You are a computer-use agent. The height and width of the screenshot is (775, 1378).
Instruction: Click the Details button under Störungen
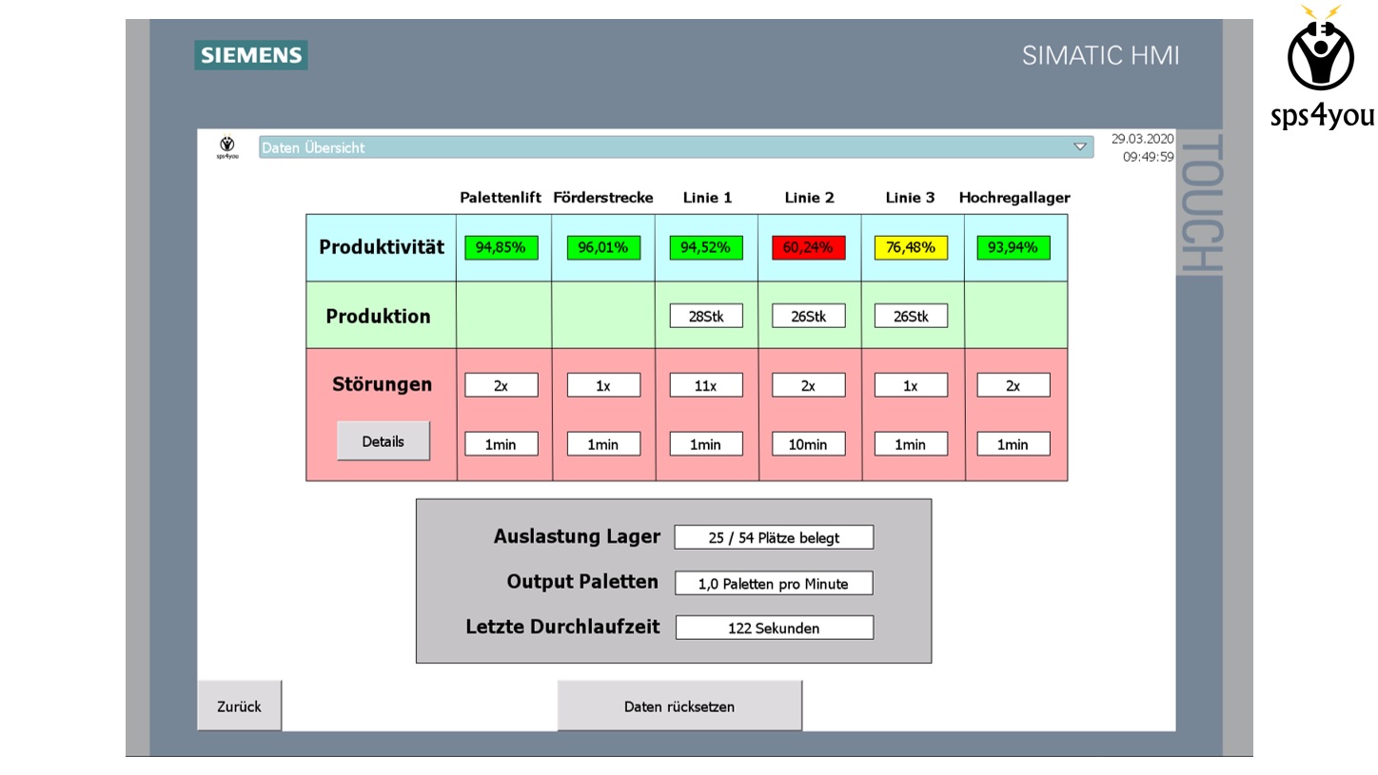pos(384,440)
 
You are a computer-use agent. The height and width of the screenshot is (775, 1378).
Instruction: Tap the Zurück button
pos(239,706)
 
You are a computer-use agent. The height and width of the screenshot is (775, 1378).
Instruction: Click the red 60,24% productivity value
pos(808,247)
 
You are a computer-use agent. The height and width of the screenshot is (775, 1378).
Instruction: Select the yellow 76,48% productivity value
pos(911,247)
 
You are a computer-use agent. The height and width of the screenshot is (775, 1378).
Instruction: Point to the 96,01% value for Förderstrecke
pos(603,247)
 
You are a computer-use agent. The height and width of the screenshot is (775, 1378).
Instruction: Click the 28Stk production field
pos(706,316)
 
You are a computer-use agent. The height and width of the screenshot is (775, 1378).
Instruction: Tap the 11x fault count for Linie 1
pos(706,385)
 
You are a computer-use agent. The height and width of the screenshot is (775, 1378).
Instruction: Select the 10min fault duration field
pos(808,444)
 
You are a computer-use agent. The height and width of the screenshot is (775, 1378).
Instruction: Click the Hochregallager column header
pos(1014,197)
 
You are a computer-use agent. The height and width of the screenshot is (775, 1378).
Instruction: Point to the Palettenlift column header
pos(501,197)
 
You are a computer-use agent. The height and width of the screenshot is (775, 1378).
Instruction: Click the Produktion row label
pos(379,316)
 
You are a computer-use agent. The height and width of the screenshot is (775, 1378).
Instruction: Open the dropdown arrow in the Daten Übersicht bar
pos(1079,146)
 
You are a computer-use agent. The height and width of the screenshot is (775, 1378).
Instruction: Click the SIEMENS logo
pos(251,55)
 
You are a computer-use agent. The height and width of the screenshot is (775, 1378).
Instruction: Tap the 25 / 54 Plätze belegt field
pos(774,537)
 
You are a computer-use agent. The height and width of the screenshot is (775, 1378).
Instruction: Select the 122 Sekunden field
pos(774,628)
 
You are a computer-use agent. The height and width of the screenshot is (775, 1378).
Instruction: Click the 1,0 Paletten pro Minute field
pos(774,583)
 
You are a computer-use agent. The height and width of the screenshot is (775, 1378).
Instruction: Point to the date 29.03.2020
pos(1142,139)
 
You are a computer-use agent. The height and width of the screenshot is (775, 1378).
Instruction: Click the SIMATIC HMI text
pos(1100,56)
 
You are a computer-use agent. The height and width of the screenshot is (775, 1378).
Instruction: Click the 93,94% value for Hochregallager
pos(1014,247)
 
